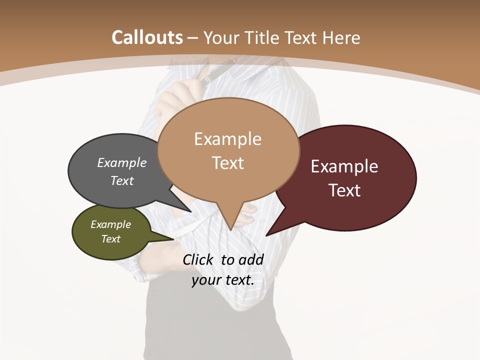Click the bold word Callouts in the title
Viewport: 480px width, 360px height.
(147, 37)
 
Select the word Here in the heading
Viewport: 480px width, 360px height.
(341, 37)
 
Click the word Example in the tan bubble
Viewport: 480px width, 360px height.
(227, 139)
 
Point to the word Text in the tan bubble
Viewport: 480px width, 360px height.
(227, 163)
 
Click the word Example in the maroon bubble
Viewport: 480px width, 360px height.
(344, 166)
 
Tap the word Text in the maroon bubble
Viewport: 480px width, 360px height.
(344, 190)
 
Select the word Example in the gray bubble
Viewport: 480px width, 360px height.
(122, 163)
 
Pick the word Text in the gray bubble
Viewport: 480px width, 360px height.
(122, 180)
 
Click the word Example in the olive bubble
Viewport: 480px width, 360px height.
(111, 224)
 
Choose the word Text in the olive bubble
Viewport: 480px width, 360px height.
(111, 239)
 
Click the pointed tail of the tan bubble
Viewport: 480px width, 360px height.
(230, 226)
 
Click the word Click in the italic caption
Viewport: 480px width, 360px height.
(198, 259)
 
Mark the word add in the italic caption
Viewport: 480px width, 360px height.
(251, 259)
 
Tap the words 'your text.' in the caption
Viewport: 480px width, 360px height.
(223, 280)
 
